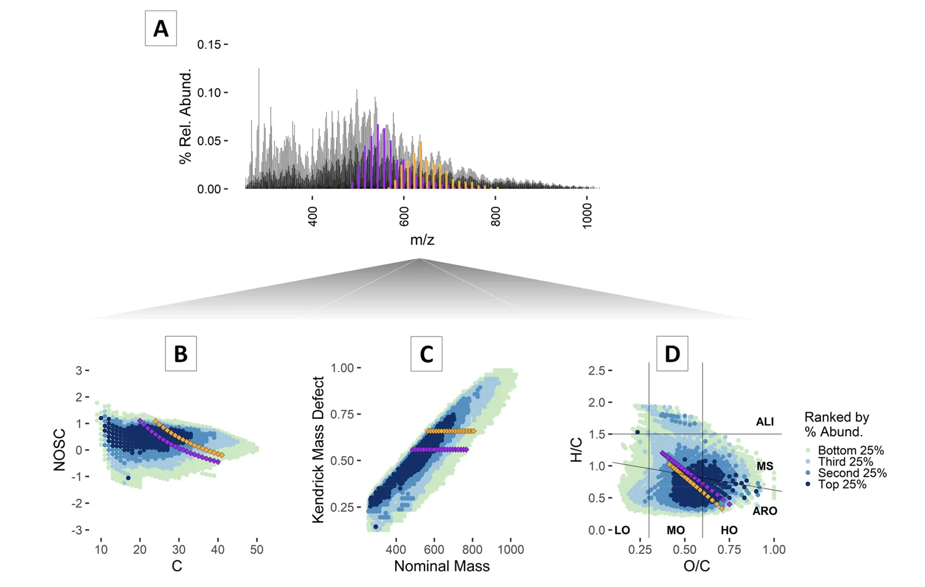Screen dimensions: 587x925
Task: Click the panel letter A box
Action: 161,28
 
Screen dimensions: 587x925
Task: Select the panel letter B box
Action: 181,353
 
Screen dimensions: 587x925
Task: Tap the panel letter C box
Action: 426,353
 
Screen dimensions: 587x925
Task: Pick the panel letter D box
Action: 672,353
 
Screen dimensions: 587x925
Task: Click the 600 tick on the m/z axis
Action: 403,212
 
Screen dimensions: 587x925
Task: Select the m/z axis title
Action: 422,240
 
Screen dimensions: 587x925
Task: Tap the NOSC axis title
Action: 59,450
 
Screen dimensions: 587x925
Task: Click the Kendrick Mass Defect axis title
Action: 318,450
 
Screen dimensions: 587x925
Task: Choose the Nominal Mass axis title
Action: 442,566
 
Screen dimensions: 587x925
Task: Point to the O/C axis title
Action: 697,566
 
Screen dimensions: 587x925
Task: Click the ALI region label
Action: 764,421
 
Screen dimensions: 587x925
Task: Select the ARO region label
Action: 764,511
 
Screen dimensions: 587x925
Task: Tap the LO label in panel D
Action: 622,530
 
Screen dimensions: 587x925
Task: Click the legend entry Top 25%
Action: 841,484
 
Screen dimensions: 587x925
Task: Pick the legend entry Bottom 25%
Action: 850,450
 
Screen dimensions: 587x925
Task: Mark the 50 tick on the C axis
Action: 257,549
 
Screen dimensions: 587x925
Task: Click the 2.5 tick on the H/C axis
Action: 596,370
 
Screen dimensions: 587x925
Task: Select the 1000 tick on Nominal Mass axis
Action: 510,549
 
